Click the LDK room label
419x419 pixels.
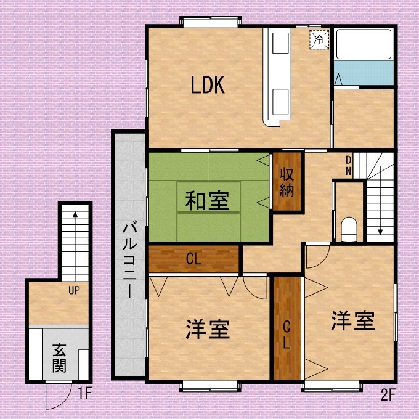208,84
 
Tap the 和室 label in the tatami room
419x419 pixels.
208,201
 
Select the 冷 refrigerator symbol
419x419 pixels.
319,39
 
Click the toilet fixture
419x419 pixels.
349,229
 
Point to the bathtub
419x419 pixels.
364,44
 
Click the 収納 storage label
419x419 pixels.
287,183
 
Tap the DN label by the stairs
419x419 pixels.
349,165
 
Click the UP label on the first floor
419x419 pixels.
74,290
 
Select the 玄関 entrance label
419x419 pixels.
59,358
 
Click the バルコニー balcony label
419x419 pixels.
130,261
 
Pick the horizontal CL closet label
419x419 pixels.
193,259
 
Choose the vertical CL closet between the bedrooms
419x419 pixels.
287,335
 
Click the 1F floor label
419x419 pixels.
85,393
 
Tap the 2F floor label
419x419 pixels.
388,395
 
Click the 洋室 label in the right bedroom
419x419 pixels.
353,320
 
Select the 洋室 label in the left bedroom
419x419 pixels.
208,329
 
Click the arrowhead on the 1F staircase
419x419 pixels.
75,214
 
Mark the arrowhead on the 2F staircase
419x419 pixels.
380,232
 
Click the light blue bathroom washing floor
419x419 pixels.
364,73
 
